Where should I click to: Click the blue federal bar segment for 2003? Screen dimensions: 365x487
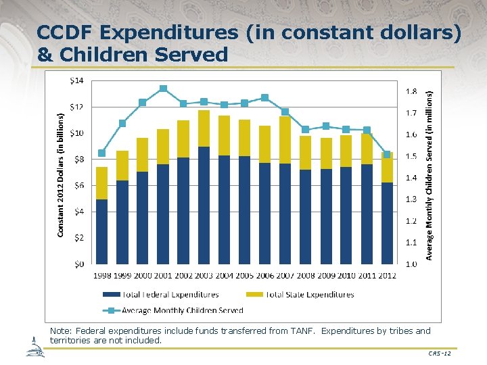coord(204,205)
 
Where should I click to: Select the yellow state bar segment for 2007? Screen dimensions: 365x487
coord(285,140)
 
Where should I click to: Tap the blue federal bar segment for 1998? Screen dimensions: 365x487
coord(101,232)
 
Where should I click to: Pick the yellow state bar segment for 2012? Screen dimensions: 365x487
coord(387,168)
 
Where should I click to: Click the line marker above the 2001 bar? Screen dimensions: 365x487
coord(163,89)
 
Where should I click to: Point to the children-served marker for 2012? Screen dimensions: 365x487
coord(387,155)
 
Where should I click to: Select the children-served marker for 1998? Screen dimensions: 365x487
coord(101,153)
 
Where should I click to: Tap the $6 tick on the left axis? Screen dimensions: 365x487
coord(78,185)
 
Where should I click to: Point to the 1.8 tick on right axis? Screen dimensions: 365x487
coord(411,91)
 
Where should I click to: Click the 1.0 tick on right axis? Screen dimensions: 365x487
coord(411,264)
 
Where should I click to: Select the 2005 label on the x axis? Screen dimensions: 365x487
coord(244,275)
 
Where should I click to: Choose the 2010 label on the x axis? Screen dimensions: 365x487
coord(346,275)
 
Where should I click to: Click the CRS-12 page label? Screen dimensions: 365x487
coord(440,354)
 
